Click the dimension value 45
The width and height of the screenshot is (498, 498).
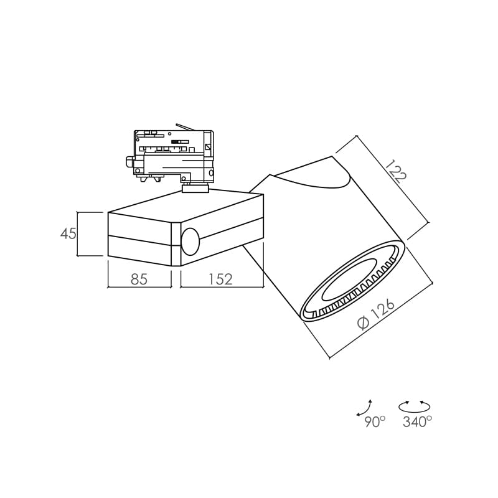coord(68,234)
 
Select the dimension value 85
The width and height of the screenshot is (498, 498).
coord(139,279)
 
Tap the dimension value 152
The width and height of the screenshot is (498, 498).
coord(220,279)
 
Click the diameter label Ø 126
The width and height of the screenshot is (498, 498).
coord(376,314)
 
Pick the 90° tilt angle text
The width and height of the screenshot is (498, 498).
coord(375,422)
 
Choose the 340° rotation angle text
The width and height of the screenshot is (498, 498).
coord(417,422)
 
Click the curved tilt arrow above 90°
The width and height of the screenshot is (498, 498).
coord(364,408)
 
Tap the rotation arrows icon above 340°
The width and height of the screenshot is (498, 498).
coord(415,406)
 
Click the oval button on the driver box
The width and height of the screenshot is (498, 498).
coord(190,241)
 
